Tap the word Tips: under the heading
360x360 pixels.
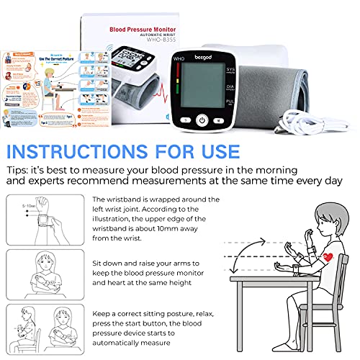[22, 171]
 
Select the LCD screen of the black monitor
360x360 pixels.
[204, 88]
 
